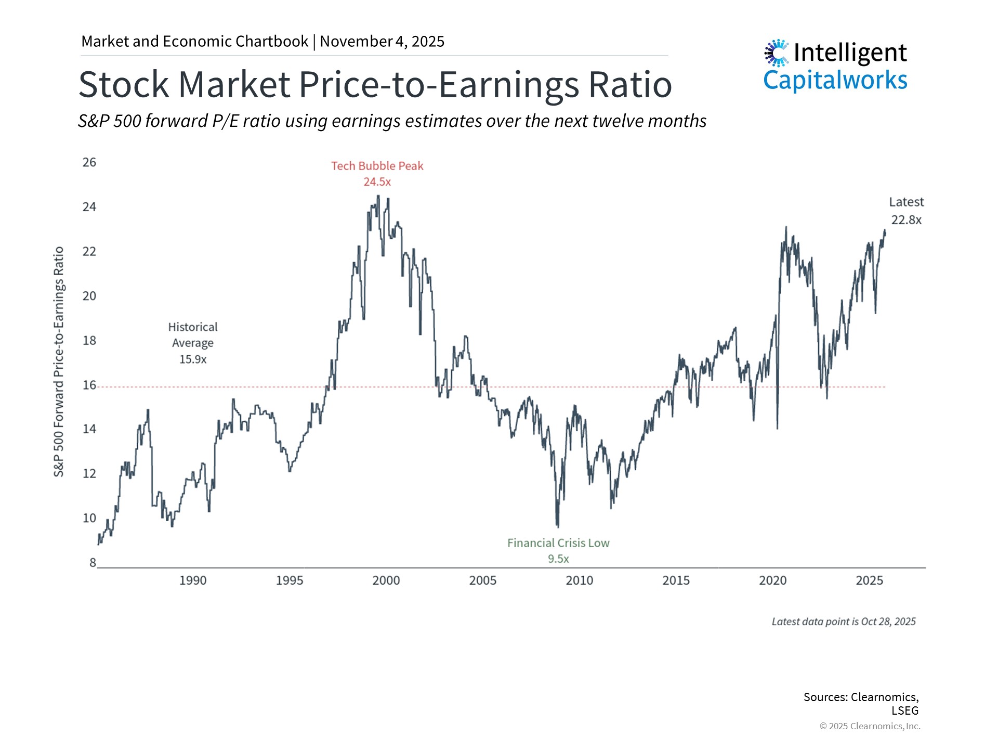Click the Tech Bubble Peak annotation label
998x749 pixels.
point(377,166)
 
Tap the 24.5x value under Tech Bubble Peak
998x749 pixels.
point(377,182)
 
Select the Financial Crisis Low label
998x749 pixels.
point(558,543)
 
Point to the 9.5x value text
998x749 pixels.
point(558,559)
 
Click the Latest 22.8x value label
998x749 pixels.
point(906,220)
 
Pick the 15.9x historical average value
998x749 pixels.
point(193,359)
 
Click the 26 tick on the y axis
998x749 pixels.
point(89,162)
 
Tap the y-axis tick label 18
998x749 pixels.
point(89,341)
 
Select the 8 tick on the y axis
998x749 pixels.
point(93,563)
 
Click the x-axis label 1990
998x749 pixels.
point(193,580)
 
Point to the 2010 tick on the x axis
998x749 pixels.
point(579,580)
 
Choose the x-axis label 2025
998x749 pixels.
point(869,580)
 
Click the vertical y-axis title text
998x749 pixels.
point(59,361)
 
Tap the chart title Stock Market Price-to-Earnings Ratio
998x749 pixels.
point(375,84)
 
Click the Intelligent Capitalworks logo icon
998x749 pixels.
point(777,53)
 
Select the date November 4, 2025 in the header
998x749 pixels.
point(382,42)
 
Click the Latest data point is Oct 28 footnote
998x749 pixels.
point(843,622)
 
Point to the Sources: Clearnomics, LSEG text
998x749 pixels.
point(861,703)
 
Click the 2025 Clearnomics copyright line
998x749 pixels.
point(870,726)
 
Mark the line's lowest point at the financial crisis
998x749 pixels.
point(558,526)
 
